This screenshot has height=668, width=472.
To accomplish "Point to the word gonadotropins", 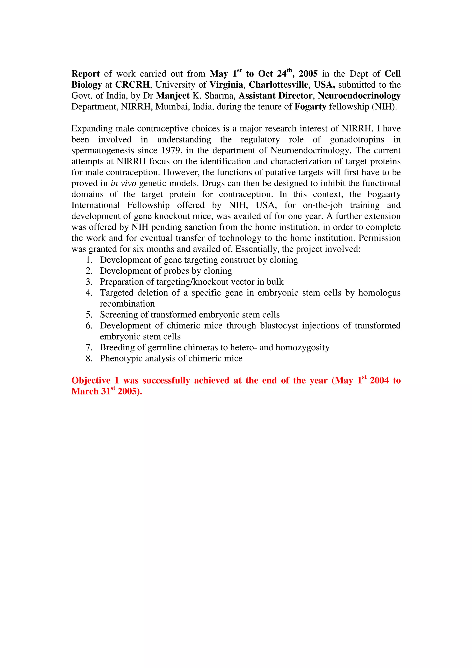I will (x=357, y=140).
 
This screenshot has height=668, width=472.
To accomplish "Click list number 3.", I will (x=89, y=282).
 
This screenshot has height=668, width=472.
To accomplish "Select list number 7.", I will (x=89, y=348).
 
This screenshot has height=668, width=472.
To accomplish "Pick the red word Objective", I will (x=91, y=381).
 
